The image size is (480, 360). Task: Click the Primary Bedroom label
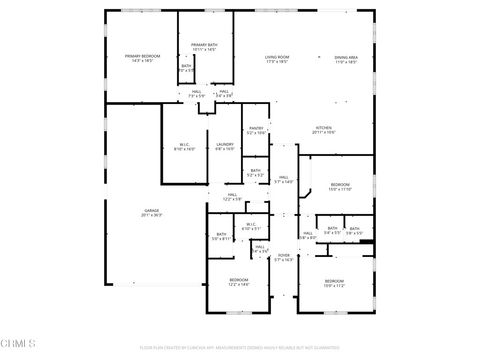pyautogui.click(x=142, y=58)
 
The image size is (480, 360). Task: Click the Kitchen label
pyautogui.click(x=324, y=129)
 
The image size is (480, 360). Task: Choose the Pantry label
pyautogui.click(x=256, y=129)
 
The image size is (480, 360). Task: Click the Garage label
pyautogui.click(x=151, y=212)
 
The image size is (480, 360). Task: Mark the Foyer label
pyautogui.click(x=283, y=257)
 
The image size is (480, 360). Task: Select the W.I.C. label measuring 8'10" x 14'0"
pyautogui.click(x=185, y=146)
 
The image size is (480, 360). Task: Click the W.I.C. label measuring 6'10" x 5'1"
pyautogui.click(x=251, y=225)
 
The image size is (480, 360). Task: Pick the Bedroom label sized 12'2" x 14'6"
pyautogui.click(x=238, y=282)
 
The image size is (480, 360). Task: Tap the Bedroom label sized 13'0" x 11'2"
pyautogui.click(x=334, y=283)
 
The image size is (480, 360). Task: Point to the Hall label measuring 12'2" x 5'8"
pyautogui.click(x=232, y=196)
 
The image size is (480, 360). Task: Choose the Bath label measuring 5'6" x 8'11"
pyautogui.click(x=221, y=237)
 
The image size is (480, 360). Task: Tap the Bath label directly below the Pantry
pyautogui.click(x=256, y=172)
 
